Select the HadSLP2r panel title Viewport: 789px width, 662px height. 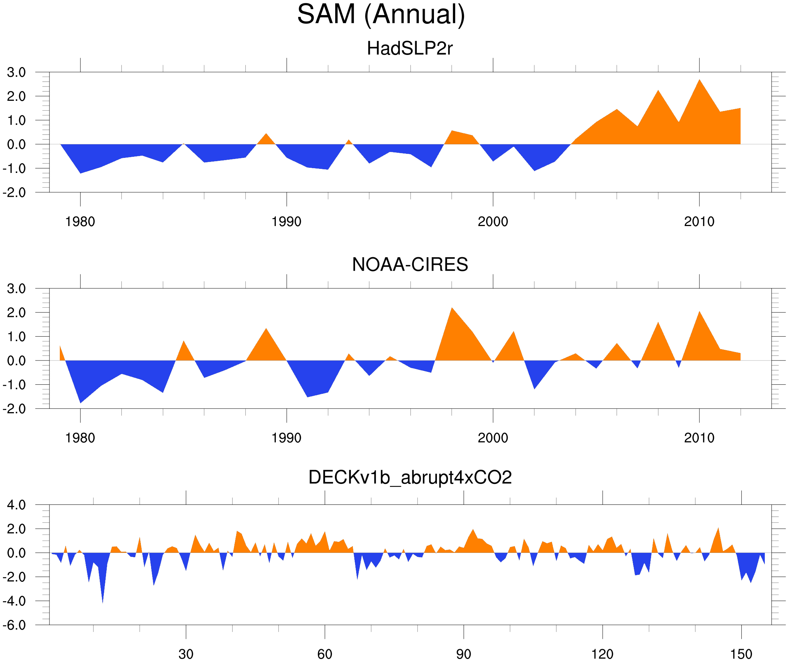[x=409, y=48]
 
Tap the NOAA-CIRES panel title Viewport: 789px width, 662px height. [x=409, y=265]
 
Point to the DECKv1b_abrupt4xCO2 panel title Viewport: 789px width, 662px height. [x=409, y=477]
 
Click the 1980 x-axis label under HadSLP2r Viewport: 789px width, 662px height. [x=80, y=222]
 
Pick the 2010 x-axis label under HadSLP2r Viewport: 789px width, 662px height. [x=699, y=222]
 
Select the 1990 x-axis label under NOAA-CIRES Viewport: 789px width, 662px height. [x=286, y=438]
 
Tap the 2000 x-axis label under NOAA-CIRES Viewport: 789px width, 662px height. [x=493, y=438]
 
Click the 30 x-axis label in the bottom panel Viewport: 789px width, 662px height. [x=186, y=654]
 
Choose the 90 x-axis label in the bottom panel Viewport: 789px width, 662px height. [x=463, y=654]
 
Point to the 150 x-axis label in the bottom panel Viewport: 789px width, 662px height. [x=741, y=654]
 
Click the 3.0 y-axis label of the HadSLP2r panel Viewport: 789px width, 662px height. [x=16, y=73]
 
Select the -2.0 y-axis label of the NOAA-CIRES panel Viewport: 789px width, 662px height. [x=14, y=409]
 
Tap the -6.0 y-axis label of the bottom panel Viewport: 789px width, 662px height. [x=14, y=625]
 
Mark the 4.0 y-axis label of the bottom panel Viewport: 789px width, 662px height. [x=16, y=505]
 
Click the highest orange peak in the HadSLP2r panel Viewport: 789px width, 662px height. [x=699, y=81]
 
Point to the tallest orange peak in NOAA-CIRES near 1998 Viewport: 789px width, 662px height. [x=452, y=310]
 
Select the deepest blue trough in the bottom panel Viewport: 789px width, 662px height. [x=103, y=600]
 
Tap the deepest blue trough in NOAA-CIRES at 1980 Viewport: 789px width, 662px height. [x=80, y=402]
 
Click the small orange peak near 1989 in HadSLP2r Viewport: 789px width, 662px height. [x=266, y=135]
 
